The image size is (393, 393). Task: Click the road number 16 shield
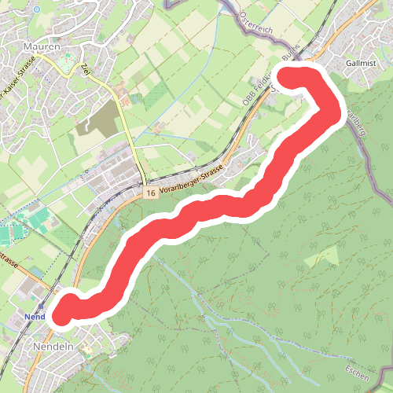point(150,193)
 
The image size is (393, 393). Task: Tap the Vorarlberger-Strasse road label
point(193,181)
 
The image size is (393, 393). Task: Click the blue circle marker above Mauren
point(37,9)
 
